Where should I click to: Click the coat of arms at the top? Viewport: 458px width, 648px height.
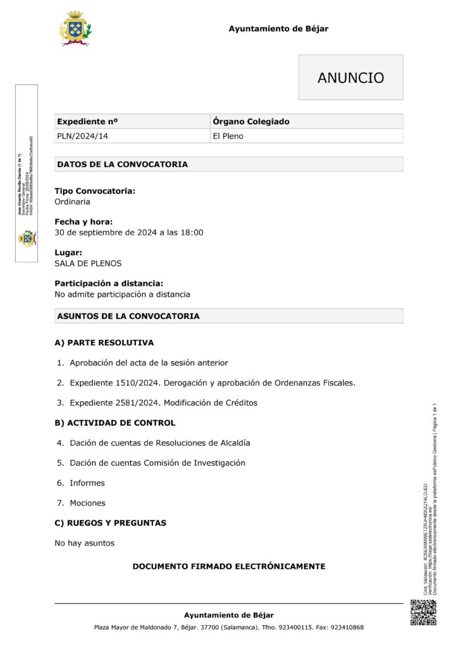coord(75,28)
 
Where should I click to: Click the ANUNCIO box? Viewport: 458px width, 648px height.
coord(350,78)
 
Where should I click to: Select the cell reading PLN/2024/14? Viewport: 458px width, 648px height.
coord(78,136)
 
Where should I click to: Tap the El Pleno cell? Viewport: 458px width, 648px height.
coord(228,136)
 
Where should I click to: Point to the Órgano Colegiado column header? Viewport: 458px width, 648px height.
coord(251,121)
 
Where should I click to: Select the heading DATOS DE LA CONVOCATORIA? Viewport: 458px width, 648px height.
coord(122,165)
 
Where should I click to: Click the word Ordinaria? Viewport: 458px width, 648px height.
coord(72,202)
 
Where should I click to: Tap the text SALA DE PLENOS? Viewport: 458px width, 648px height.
coord(88,263)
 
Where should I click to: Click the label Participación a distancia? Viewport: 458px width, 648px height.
coord(109,283)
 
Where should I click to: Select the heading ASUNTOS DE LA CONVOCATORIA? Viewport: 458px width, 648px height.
coord(128,316)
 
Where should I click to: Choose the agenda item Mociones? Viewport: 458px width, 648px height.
coord(88,503)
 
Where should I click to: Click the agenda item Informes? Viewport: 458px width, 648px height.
coord(87,483)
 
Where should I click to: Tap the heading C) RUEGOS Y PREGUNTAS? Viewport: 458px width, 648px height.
coord(111,523)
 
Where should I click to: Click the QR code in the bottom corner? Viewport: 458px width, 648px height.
coord(423,612)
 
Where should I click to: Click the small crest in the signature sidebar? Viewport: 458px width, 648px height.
coord(27,238)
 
